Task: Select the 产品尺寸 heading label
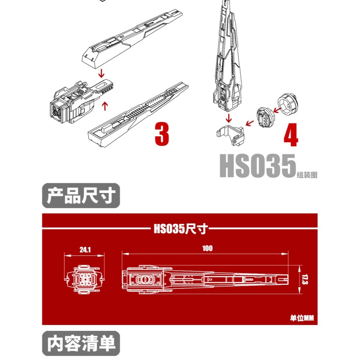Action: coord(81,196)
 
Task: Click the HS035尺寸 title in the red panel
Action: coord(180,229)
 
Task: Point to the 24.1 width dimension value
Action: coord(85,249)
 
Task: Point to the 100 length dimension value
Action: coord(207,248)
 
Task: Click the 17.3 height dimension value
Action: coord(305,280)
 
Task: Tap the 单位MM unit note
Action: coord(302,318)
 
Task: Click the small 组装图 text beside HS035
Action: coord(307,175)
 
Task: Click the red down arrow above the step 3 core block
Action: coord(102,73)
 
